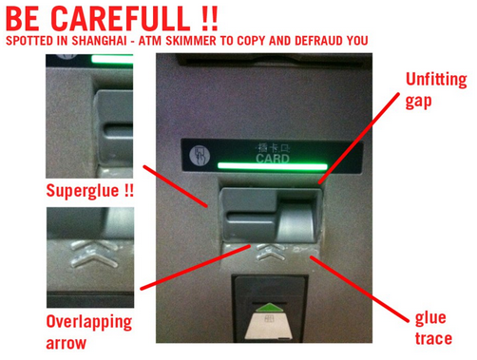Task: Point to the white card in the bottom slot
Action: point(268,327)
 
